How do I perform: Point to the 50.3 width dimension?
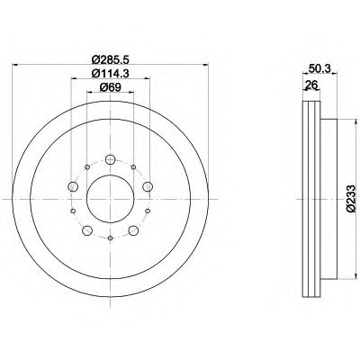[x=316, y=69]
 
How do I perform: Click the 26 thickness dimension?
[x=311, y=86]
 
